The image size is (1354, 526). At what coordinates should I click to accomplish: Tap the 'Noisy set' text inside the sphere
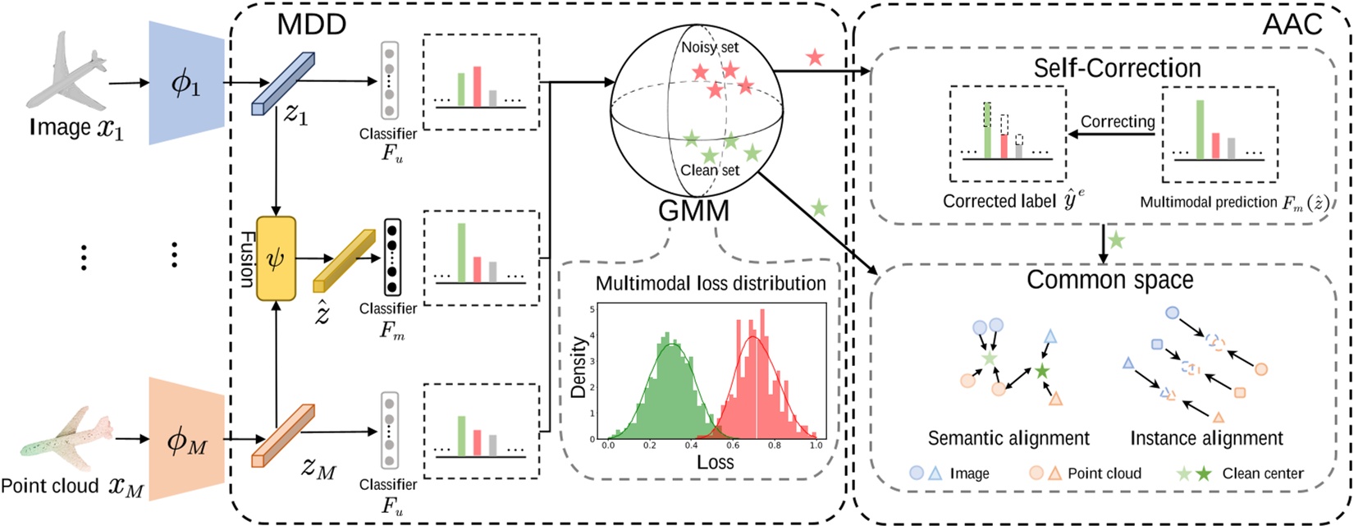[x=710, y=48]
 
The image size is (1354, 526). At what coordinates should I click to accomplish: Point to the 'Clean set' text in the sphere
[x=710, y=170]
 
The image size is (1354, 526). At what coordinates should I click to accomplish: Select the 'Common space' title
[x=1109, y=280]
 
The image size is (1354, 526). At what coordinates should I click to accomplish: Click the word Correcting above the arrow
[x=1117, y=121]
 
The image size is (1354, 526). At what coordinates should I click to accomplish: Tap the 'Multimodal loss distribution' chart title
[x=710, y=284]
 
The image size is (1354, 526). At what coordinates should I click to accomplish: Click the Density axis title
[x=579, y=367]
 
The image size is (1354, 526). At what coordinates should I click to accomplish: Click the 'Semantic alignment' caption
[x=1009, y=438]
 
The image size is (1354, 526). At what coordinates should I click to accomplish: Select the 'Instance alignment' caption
[x=1206, y=438]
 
